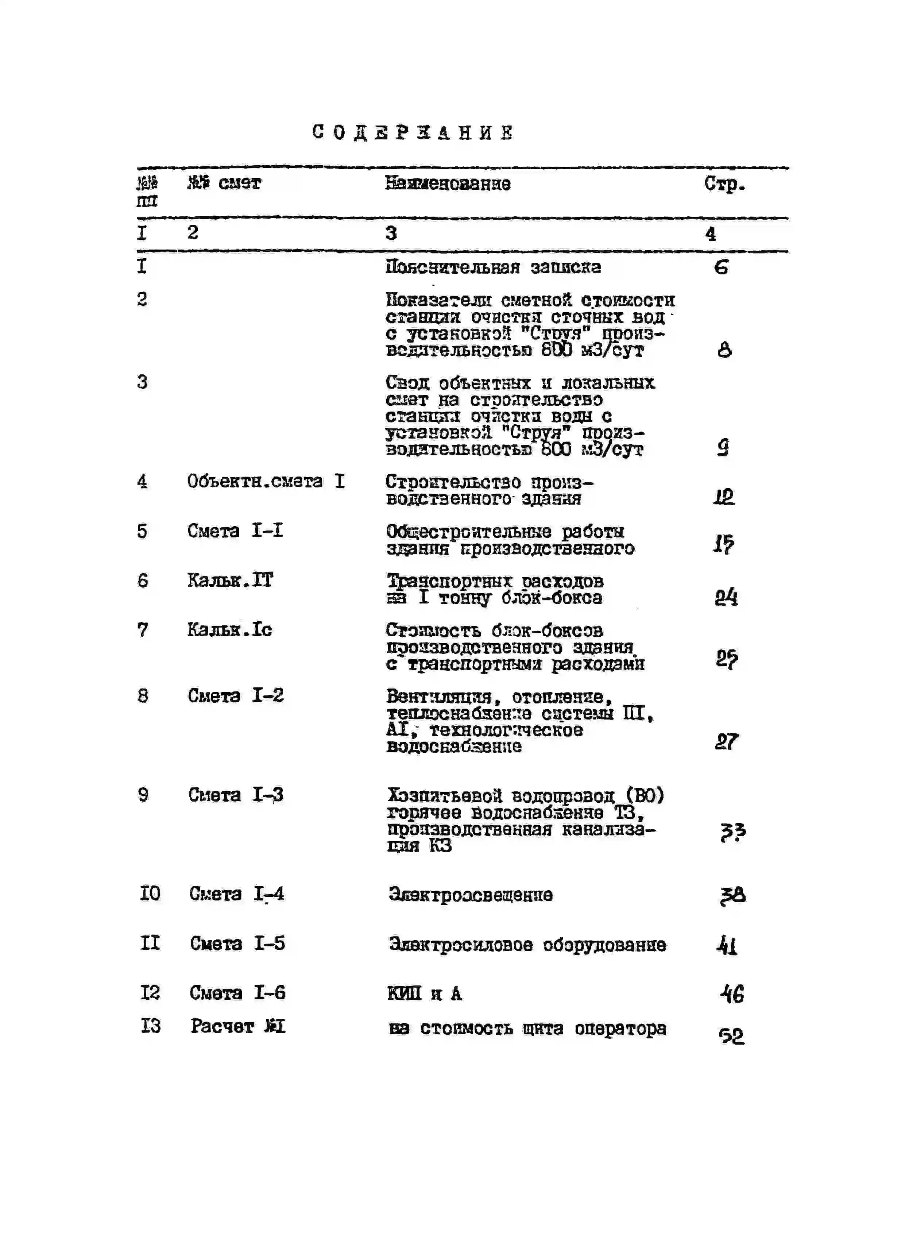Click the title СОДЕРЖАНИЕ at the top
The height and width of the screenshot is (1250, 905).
click(x=412, y=133)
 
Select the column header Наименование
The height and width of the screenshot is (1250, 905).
click(x=448, y=184)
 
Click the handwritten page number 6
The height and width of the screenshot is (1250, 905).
click(x=721, y=268)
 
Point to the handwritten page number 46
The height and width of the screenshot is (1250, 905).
click(x=732, y=994)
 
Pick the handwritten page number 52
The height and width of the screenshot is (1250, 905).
click(x=731, y=1036)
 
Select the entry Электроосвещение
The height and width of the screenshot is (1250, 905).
click(x=470, y=895)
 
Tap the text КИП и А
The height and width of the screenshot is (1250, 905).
click(x=424, y=994)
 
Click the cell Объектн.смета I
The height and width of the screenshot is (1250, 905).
click(x=266, y=482)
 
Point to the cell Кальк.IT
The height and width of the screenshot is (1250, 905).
click(x=230, y=580)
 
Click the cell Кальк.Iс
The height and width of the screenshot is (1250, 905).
click(x=229, y=630)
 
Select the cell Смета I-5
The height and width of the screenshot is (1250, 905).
click(x=237, y=944)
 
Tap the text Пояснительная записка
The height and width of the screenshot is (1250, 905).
click(x=493, y=267)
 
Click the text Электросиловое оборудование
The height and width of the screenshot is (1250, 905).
click(x=527, y=945)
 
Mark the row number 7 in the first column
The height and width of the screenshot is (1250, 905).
click(x=143, y=630)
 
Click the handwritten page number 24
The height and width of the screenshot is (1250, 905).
click(x=726, y=597)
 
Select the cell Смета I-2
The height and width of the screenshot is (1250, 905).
click(x=235, y=696)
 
